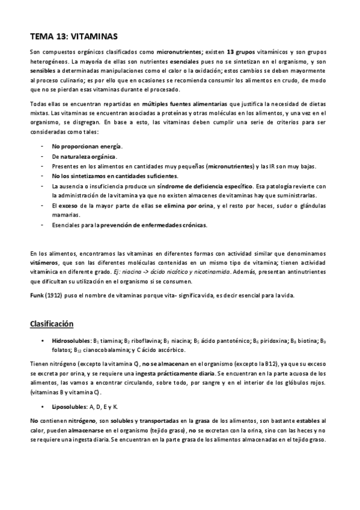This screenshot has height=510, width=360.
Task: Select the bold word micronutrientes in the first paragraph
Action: pyautogui.click(x=178, y=52)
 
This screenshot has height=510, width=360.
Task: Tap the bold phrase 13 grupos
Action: pyautogui.click(x=240, y=52)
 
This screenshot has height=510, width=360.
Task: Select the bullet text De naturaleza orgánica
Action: pyautogui.click(x=84, y=156)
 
